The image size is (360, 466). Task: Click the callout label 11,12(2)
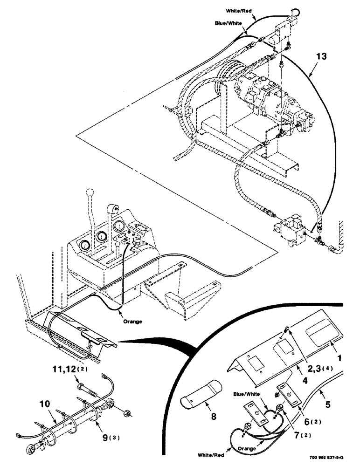(73, 370)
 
